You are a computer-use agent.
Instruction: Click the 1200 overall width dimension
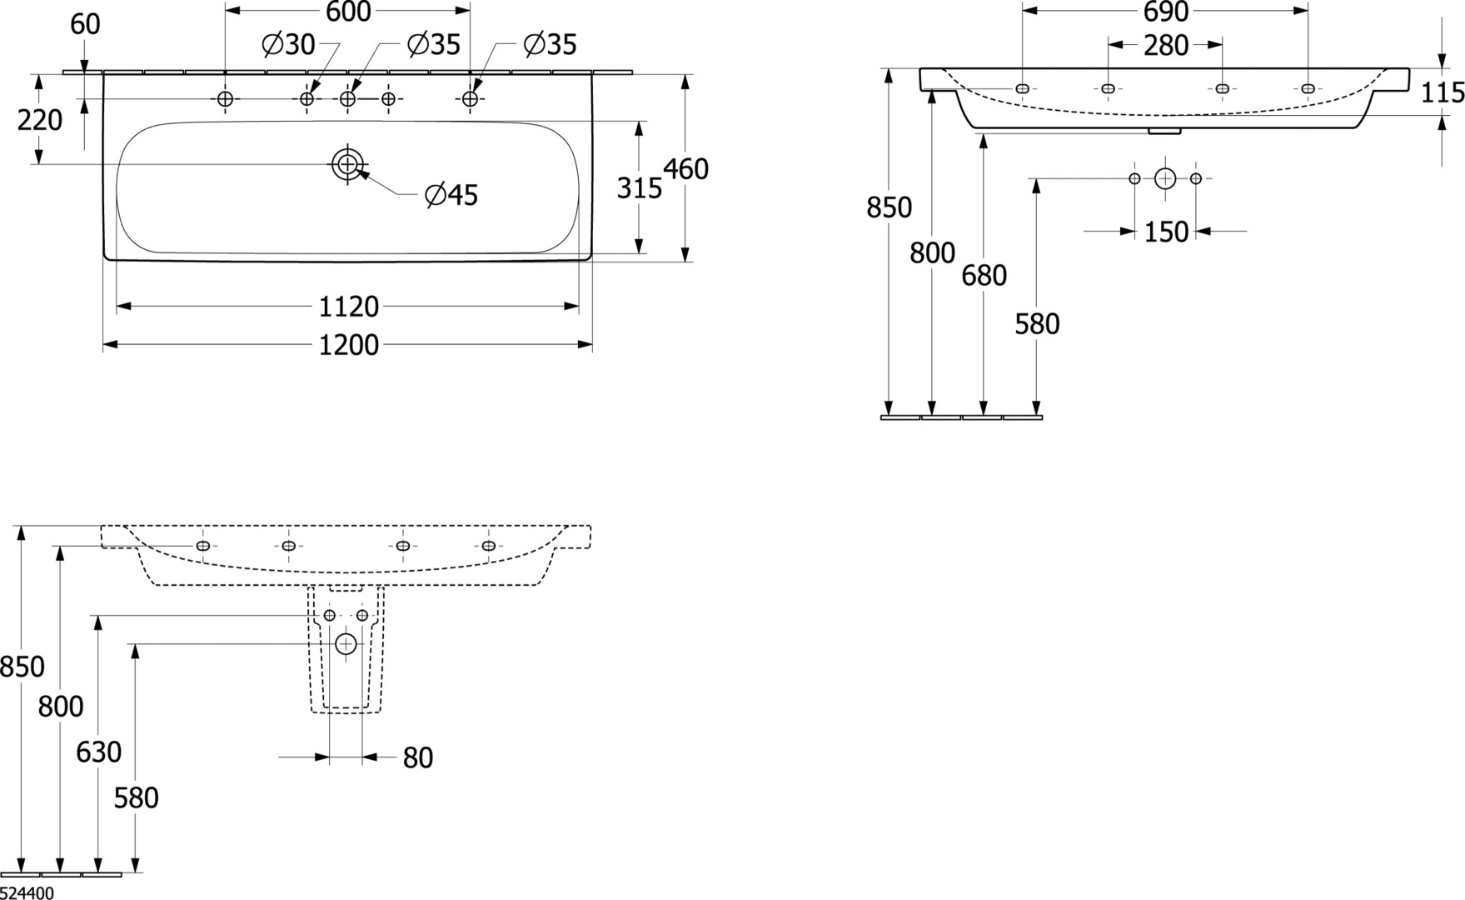[349, 344]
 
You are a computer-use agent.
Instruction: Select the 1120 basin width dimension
[349, 307]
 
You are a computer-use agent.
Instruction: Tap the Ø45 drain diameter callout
[451, 195]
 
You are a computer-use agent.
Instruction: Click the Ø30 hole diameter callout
[288, 44]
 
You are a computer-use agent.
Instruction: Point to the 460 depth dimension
[685, 169]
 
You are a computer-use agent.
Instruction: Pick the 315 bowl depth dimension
[639, 189]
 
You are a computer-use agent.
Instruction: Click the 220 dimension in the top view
[40, 121]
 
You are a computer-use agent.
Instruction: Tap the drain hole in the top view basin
[347, 164]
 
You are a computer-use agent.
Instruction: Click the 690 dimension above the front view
[1165, 12]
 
